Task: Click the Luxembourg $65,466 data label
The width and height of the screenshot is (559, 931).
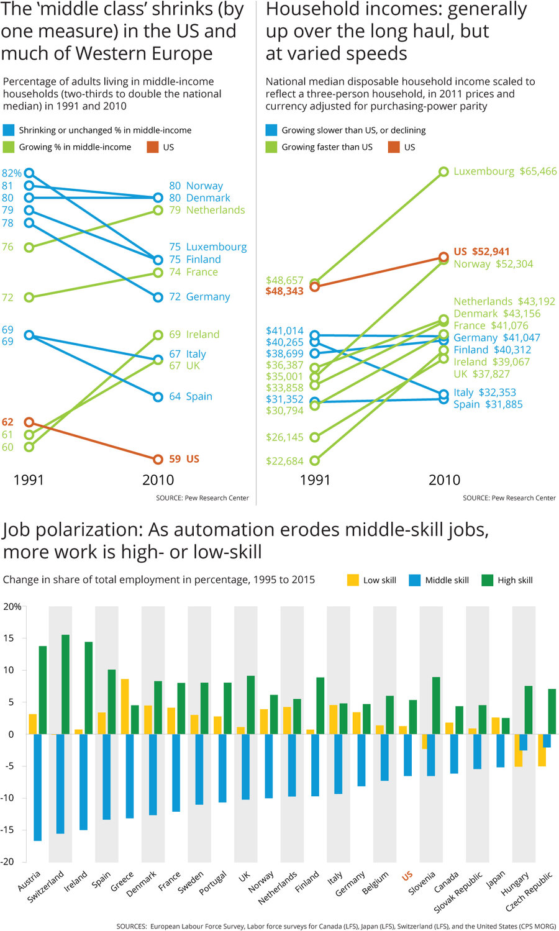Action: coord(505,171)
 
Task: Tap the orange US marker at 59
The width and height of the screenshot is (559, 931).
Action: coord(158,459)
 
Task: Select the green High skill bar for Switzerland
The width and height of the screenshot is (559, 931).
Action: coord(65,684)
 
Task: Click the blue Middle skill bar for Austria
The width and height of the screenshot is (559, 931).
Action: coord(37,787)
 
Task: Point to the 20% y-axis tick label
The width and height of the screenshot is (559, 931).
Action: coord(12,607)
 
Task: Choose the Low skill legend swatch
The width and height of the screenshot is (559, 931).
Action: coord(353,580)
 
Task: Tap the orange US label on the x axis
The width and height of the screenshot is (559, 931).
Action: coord(407,876)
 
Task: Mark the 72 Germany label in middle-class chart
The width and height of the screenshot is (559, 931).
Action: coord(199,297)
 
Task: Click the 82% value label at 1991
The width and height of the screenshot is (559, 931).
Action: coord(11,173)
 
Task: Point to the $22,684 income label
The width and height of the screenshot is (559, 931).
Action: coord(284,461)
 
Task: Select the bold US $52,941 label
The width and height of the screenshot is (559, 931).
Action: coord(481,252)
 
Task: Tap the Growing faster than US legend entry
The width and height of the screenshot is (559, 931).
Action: coord(327,147)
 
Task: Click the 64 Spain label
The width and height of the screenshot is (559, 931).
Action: coord(191,396)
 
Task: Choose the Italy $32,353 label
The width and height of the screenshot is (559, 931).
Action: coord(484,393)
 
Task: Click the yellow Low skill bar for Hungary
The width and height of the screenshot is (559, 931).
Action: coord(518,750)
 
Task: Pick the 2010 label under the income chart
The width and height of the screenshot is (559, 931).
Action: coord(444,480)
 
